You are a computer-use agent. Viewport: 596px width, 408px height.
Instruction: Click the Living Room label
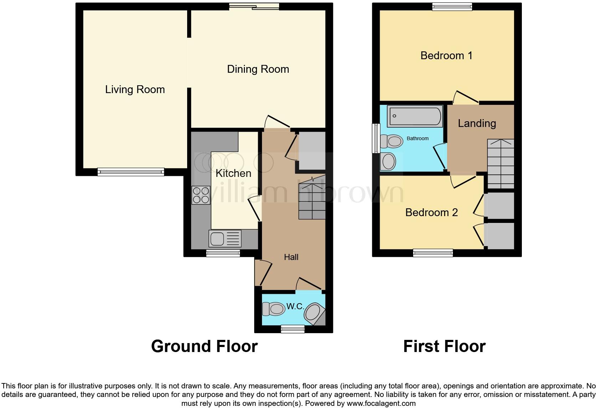coord(135,90)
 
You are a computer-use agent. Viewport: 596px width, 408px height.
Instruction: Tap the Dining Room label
coord(258,69)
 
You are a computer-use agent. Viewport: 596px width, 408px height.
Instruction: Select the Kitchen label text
coord(233,173)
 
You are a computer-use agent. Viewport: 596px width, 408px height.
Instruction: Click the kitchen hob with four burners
coord(201,195)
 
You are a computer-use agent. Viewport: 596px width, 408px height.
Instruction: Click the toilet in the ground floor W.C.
coord(273,309)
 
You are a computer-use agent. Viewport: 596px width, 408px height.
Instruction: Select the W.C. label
coord(295,306)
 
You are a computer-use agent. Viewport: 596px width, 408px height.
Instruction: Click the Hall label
coord(291,257)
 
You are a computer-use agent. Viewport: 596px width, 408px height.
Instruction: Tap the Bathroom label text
coord(417,138)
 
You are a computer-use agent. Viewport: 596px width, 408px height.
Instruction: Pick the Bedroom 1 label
coord(446,56)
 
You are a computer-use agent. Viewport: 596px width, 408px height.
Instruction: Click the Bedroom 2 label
coord(431,213)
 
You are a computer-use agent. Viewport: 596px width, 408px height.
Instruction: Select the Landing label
coord(477,123)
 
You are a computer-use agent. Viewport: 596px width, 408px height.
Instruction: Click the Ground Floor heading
coord(204,346)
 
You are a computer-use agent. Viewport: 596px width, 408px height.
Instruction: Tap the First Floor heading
coord(444,346)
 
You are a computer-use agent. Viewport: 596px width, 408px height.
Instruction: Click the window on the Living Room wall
coord(131,172)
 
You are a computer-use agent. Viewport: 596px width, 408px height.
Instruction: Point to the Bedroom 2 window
coord(433,253)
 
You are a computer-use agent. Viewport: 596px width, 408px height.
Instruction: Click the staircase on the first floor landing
coord(500,164)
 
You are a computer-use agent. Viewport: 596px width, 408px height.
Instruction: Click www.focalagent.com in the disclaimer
coord(381,404)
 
